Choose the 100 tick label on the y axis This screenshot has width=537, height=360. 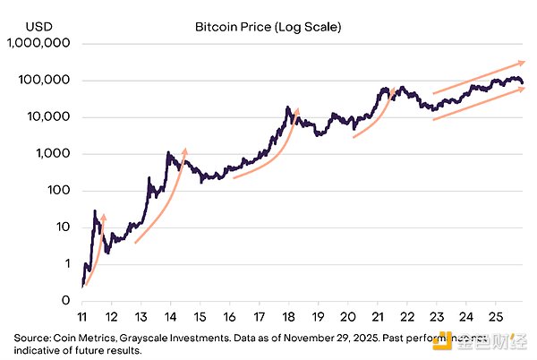pyautogui.click(x=59, y=191)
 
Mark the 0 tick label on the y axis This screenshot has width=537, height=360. pyautogui.click(x=65, y=300)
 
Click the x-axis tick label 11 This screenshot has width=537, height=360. pyautogui.click(x=82, y=317)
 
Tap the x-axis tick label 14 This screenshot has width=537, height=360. pyautogui.click(x=171, y=317)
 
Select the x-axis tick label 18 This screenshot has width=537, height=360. pyautogui.click(x=288, y=317)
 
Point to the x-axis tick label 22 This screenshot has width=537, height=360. pyautogui.click(x=406, y=317)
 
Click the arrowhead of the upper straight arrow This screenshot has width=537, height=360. pyautogui.click(x=523, y=63)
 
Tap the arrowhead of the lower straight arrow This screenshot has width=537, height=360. pyautogui.click(x=523, y=89)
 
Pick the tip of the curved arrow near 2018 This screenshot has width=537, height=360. pyautogui.click(x=297, y=111)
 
